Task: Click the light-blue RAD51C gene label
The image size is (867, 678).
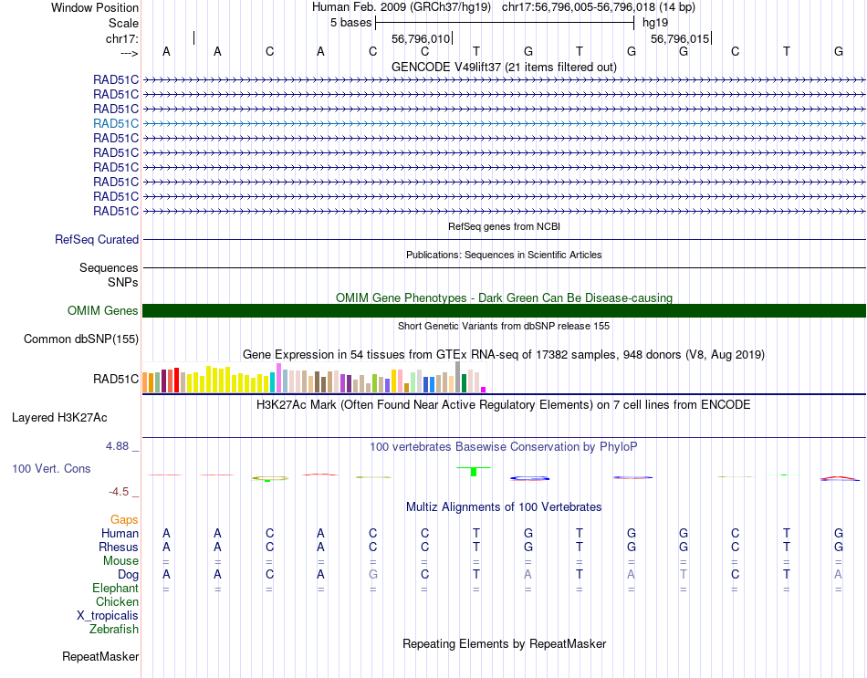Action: [116, 123]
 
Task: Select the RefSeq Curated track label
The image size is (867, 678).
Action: [97, 240]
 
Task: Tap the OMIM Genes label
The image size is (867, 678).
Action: [103, 311]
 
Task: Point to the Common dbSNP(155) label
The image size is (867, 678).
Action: [81, 339]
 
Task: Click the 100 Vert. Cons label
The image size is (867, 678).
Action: [51, 468]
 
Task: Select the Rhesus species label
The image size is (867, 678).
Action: [119, 547]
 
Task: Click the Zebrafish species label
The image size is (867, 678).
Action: [114, 629]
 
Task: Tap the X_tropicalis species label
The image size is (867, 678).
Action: [108, 615]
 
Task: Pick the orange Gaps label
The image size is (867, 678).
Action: [124, 519]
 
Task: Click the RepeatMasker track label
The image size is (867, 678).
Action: [100, 656]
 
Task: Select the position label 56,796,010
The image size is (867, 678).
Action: [421, 39]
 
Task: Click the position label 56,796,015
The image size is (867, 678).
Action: [679, 39]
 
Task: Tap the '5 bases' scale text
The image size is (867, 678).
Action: [350, 21]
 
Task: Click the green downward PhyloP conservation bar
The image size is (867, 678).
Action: [473, 471]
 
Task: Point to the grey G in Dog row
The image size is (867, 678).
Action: [372, 574]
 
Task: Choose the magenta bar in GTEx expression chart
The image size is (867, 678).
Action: [484, 390]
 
